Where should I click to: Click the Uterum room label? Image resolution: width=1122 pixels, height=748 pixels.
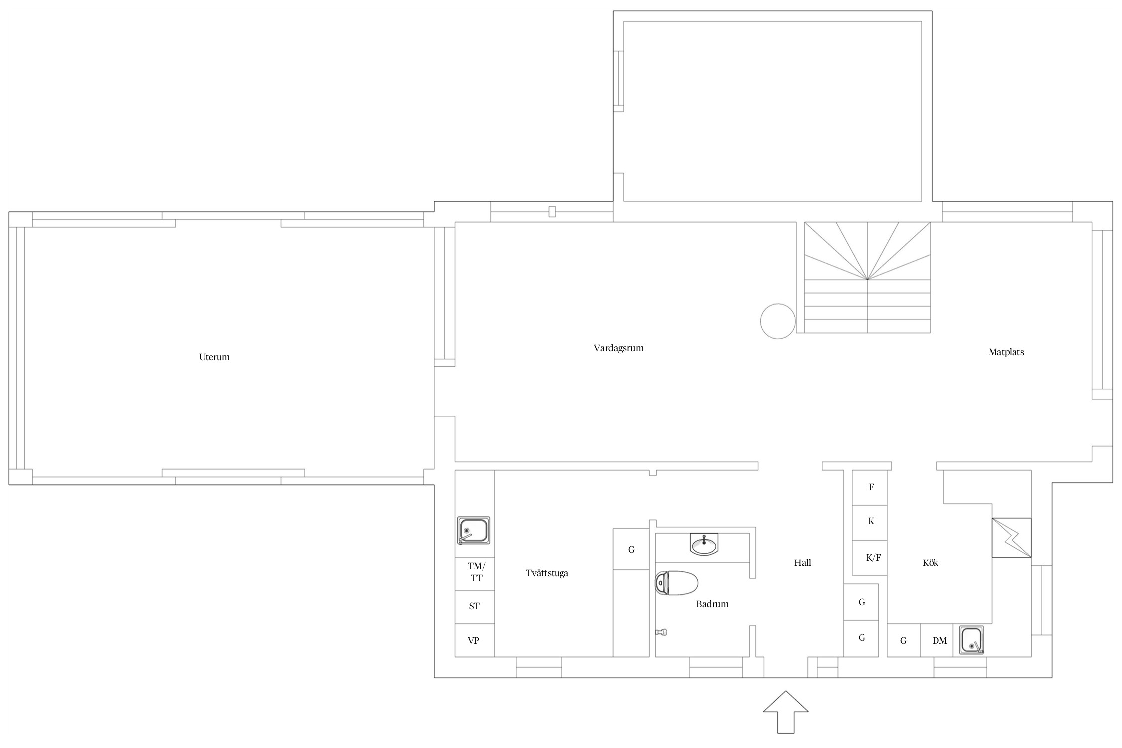tap(214, 357)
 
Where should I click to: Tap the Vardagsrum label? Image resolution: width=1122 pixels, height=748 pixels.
tap(618, 348)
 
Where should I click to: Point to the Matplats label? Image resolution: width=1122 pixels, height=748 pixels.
tap(1006, 352)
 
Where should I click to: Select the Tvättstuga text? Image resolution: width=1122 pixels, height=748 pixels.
tap(547, 573)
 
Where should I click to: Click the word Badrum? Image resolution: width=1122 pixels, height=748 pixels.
tap(712, 604)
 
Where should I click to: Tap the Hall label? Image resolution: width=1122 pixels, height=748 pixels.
tap(803, 563)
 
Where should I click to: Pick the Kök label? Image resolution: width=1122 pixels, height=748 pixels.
tap(931, 563)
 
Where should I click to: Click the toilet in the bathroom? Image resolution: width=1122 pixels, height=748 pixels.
tap(676, 583)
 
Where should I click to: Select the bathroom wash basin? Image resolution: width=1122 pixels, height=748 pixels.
tap(704, 544)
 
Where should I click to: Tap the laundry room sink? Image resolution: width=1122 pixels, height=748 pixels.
tap(474, 530)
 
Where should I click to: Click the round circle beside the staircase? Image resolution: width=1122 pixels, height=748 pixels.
tap(778, 321)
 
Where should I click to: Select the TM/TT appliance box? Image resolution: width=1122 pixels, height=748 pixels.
tap(475, 574)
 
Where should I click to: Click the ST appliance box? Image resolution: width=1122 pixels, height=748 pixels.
tap(475, 607)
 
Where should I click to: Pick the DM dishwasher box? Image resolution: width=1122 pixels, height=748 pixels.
tap(937, 640)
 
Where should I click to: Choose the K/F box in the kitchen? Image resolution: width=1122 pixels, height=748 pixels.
tap(870, 558)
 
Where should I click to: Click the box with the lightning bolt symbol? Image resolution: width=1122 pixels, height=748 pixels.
tap(1012, 538)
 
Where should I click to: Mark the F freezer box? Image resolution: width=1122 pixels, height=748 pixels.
tap(870, 488)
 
